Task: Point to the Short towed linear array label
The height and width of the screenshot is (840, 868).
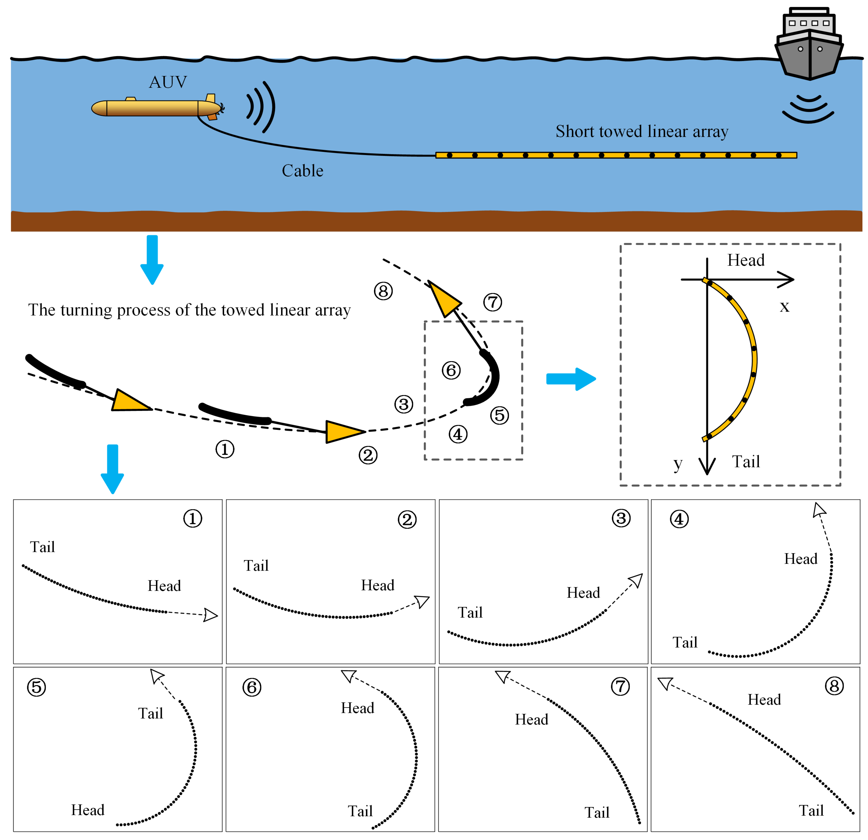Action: tap(642, 131)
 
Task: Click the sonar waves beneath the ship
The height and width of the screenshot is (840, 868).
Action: tap(808, 109)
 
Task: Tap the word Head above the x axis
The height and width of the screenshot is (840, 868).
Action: tap(746, 260)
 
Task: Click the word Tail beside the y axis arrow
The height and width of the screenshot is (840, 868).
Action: tap(746, 461)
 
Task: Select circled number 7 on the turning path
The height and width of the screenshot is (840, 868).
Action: tap(492, 302)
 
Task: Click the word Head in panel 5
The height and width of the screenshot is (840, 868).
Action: tap(88, 810)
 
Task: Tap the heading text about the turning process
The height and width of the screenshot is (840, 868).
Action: tap(190, 310)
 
